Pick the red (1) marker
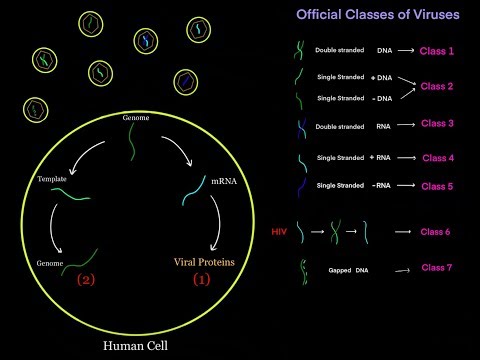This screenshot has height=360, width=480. pos(201,281)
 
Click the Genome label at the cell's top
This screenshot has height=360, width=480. pos(137,118)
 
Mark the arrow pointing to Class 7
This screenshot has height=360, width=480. pos(402,270)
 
